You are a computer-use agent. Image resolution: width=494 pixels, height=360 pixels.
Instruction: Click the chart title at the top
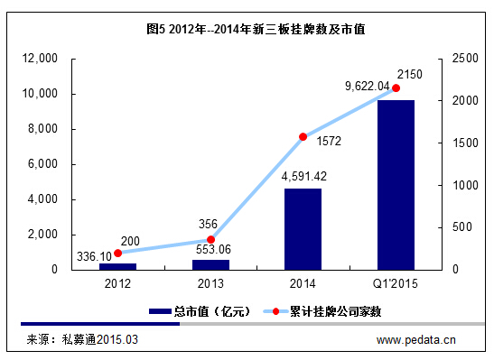pyautogui.click(x=247, y=28)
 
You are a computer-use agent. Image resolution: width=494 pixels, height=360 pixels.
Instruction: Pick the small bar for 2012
pyautogui.click(x=117, y=266)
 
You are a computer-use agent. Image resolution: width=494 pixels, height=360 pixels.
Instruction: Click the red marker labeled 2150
pyautogui.click(x=396, y=88)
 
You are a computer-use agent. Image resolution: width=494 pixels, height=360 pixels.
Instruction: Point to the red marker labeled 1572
pyautogui.click(x=303, y=137)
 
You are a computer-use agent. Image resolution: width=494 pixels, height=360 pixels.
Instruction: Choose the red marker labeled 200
pyautogui.click(x=117, y=253)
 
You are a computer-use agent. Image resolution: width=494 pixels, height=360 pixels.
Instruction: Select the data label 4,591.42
pyautogui.click(x=303, y=176)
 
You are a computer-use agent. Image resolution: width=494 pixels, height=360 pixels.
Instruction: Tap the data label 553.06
pyautogui.click(x=210, y=249)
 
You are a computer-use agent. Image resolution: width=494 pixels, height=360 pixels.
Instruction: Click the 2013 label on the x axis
pyautogui.click(x=210, y=283)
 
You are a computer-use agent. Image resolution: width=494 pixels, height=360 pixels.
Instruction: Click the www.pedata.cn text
pyautogui.click(x=416, y=340)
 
